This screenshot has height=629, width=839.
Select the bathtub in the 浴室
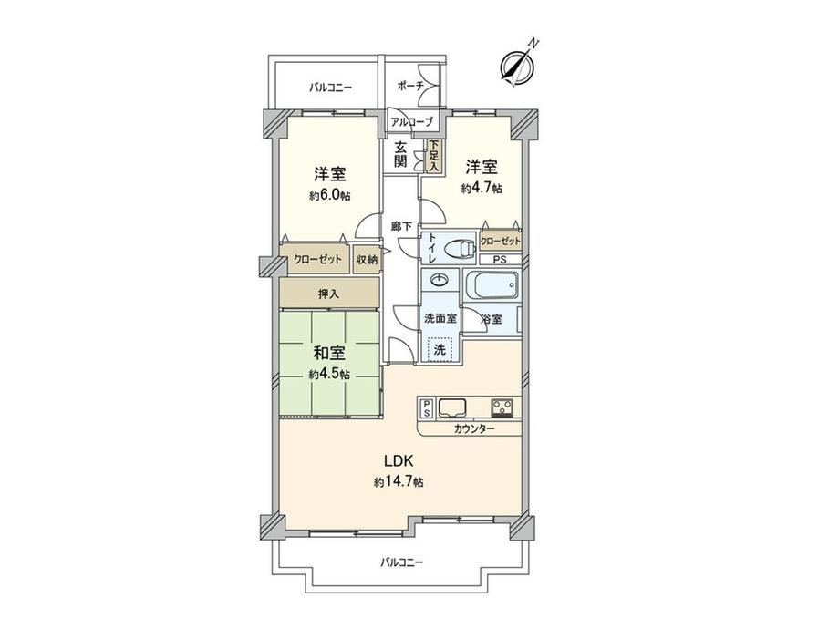click(x=492, y=285)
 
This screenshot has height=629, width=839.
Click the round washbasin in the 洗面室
click(x=440, y=280)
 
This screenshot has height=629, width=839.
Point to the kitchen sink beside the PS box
click(x=452, y=408)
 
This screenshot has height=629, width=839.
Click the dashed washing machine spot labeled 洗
click(x=440, y=350)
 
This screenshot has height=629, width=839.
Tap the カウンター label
click(x=474, y=429)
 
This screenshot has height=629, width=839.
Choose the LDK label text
click(x=399, y=460)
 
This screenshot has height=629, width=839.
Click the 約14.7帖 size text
click(x=399, y=482)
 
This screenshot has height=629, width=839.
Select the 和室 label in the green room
click(x=329, y=353)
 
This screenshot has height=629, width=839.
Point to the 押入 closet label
click(x=328, y=294)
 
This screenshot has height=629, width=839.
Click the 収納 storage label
click(x=367, y=260)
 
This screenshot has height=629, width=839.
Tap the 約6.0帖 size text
click(x=329, y=195)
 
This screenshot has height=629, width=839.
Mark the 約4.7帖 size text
click(x=482, y=189)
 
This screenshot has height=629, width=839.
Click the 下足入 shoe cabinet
click(x=433, y=156)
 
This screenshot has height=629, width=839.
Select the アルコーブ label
click(x=411, y=122)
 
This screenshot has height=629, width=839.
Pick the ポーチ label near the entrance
click(x=411, y=86)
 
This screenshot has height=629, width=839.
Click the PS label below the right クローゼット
click(x=499, y=260)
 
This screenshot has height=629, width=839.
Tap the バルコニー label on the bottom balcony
click(x=402, y=562)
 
